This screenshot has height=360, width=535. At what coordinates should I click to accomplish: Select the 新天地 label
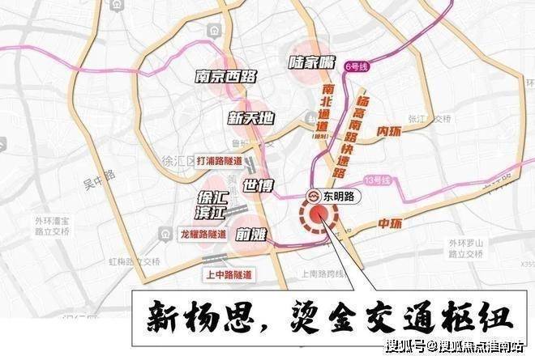click(x=250, y=118)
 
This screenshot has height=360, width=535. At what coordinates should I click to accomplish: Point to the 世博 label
click(x=259, y=184)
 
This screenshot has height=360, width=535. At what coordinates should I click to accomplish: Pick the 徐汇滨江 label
click(x=215, y=204)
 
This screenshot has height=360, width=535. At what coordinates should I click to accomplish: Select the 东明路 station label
click(x=332, y=197)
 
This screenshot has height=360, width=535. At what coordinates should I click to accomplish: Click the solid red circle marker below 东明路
click(x=319, y=215)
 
